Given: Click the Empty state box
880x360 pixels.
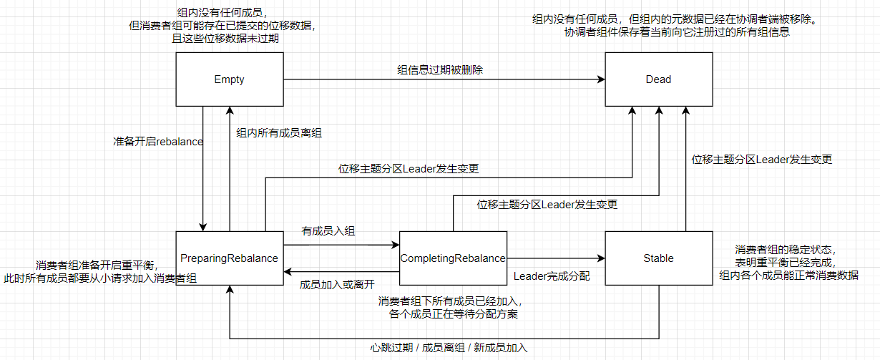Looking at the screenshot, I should (x=229, y=79).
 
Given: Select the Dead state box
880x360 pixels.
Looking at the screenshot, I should (x=658, y=79).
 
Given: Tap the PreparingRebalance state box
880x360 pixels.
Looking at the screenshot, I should (x=229, y=258).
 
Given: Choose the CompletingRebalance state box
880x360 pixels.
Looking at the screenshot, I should (x=453, y=258).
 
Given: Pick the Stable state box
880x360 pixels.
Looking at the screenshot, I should (x=658, y=258).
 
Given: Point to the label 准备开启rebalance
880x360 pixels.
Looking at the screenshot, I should (x=158, y=142).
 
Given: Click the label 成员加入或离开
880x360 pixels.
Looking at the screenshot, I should (x=336, y=283).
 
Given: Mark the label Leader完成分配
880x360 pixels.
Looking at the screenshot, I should (x=552, y=276).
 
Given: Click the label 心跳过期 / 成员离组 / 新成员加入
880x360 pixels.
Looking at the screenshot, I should (x=449, y=348).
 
